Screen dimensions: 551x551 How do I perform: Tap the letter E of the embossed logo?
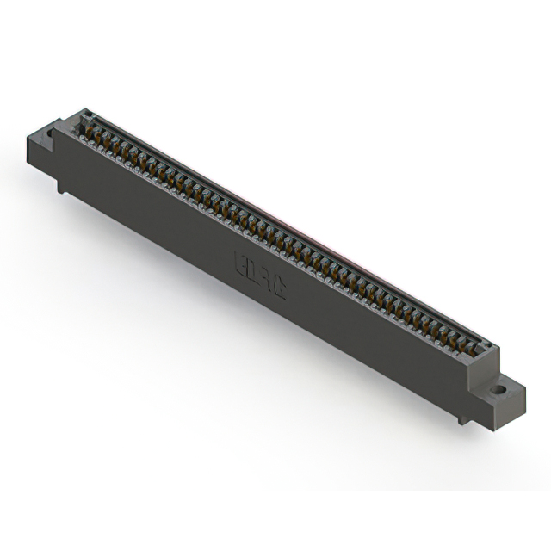click(x=242, y=262)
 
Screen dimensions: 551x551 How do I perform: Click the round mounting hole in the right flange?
click(x=497, y=389)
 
